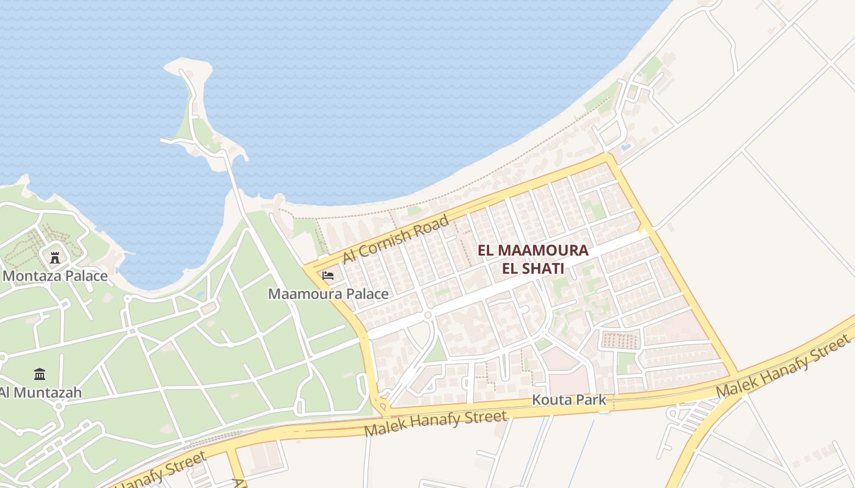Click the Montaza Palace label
click(55, 276)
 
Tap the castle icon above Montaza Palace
click(55, 257)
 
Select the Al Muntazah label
click(42, 392)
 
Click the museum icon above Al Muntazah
click(40, 374)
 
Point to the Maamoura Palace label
click(328, 294)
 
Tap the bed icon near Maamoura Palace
click(328, 276)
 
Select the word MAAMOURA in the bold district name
click(542, 251)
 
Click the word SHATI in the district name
click(545, 268)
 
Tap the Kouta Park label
click(569, 400)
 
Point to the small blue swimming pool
click(625, 147)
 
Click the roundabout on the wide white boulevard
click(428, 315)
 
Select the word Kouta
click(550, 400)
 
